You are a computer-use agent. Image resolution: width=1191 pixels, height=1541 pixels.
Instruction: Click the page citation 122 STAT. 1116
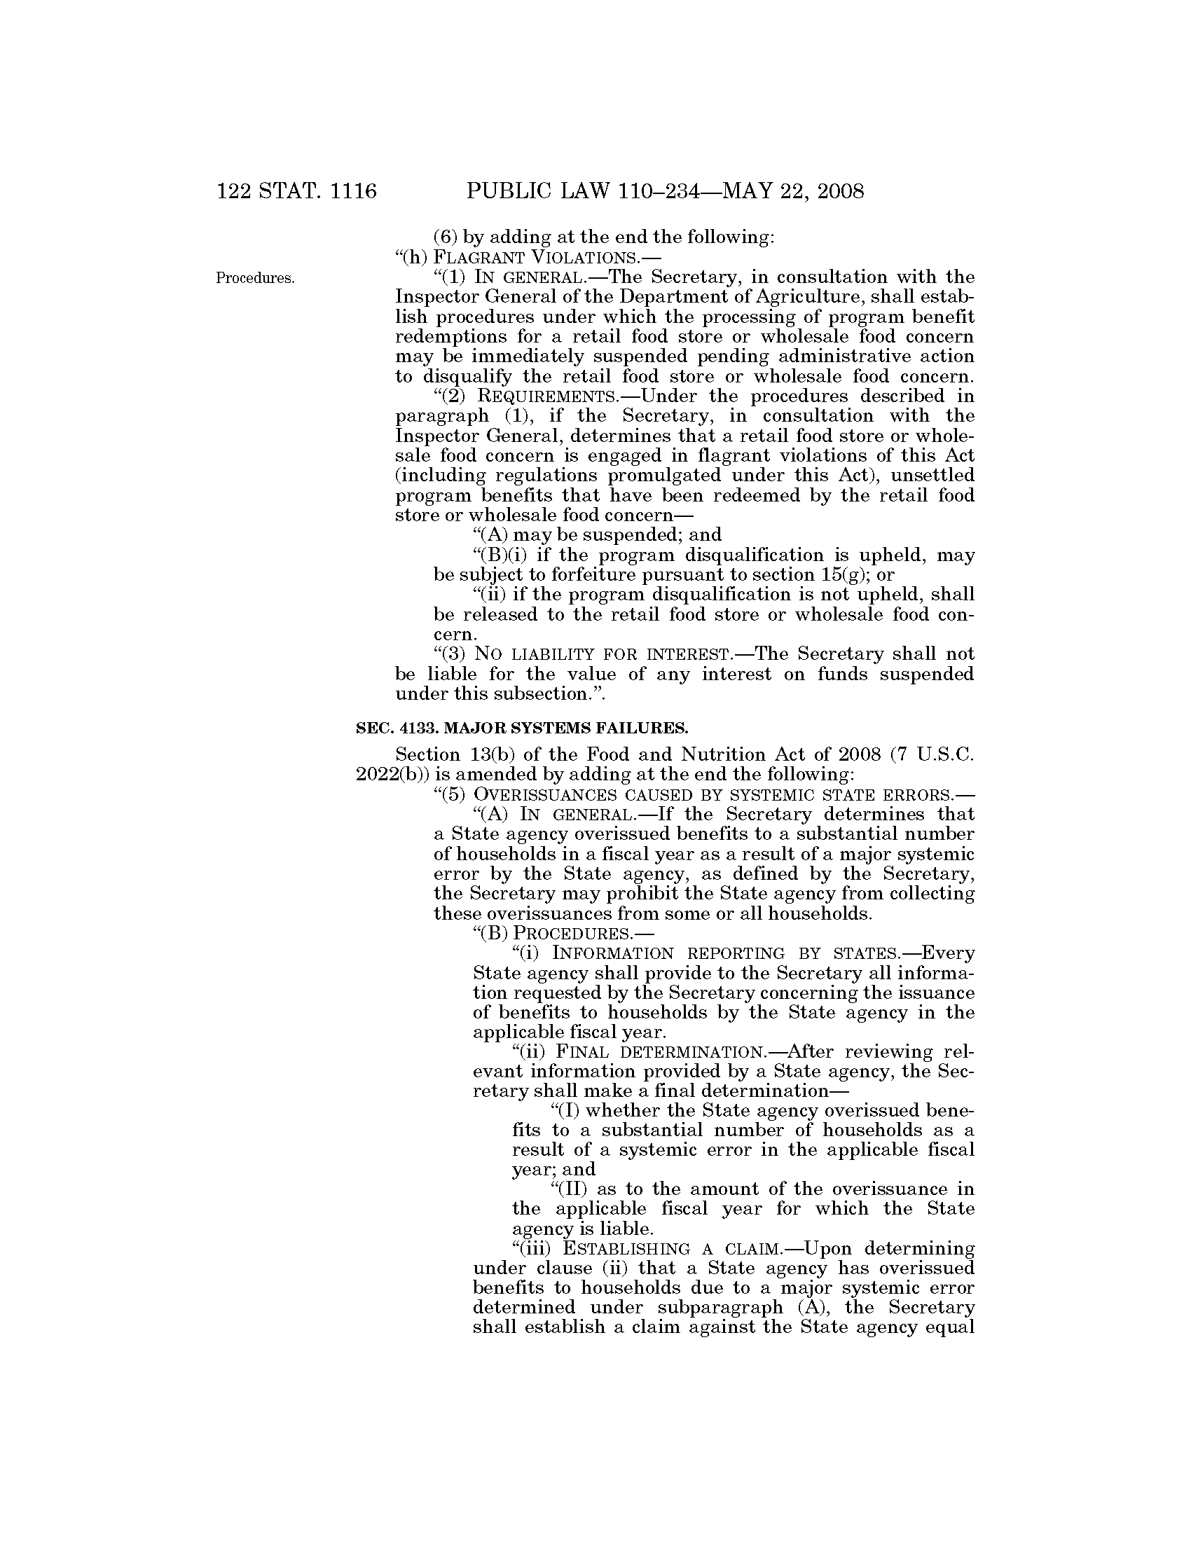(x=297, y=191)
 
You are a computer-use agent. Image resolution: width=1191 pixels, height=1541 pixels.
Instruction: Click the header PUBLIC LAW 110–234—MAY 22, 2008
(x=665, y=191)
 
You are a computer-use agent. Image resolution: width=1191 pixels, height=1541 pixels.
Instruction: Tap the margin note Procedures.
(x=255, y=278)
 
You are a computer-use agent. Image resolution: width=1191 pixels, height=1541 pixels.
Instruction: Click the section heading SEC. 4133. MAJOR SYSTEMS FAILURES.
(x=521, y=726)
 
